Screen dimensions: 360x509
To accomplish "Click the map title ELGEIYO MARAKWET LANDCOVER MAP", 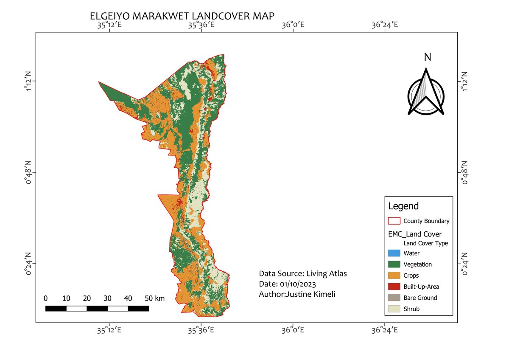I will pyautogui.click(x=182, y=16).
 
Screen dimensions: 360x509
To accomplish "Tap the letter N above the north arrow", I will pyautogui.click(x=428, y=57).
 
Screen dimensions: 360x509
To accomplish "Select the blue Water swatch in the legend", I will pyautogui.click(x=394, y=253).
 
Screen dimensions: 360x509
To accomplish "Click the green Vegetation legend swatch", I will pyautogui.click(x=394, y=264).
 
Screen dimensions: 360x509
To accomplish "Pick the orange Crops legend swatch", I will pyautogui.click(x=394, y=276).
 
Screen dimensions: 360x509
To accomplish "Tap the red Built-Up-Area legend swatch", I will pyautogui.click(x=394, y=287).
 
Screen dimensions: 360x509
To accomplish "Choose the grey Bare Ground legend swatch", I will pyautogui.click(x=394, y=298).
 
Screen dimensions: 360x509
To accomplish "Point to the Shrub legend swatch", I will pyautogui.click(x=394, y=309).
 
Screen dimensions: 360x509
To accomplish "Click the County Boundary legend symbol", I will pyautogui.click(x=394, y=221).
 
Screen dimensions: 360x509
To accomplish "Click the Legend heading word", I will pyautogui.click(x=403, y=206).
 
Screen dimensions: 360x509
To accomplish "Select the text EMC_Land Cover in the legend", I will pyautogui.click(x=415, y=234).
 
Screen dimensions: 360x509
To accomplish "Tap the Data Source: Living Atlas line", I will pyautogui.click(x=303, y=273).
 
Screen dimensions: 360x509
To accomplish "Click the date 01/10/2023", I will pyautogui.click(x=297, y=284).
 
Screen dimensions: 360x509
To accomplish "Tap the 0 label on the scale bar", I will pyautogui.click(x=45, y=298).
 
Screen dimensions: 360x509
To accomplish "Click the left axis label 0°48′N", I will pyautogui.click(x=28, y=172).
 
